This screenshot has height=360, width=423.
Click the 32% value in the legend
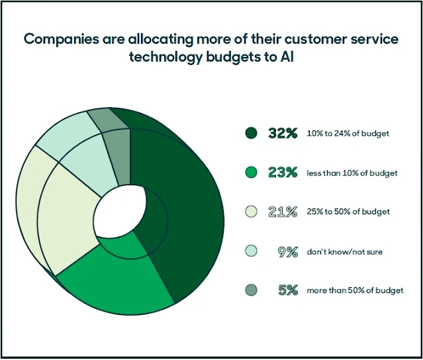tap(283, 133)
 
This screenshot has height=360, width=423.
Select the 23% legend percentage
tap(283, 172)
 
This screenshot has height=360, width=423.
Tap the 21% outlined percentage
tap(283, 211)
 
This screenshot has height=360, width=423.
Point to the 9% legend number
tap(289, 251)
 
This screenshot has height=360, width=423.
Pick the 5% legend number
tap(288, 290)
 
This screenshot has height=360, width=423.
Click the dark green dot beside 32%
tap(250, 133)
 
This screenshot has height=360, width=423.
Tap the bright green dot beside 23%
tap(250, 172)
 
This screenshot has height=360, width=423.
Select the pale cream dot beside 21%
tap(250, 211)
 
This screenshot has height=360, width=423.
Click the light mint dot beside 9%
tap(250, 251)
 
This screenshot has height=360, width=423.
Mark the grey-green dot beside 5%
tap(250, 290)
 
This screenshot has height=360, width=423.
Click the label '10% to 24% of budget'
tap(348, 134)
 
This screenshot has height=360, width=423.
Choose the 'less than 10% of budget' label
tap(352, 173)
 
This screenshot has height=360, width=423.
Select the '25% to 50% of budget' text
tap(348, 212)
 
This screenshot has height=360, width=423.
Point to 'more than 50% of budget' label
tap(355, 291)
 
